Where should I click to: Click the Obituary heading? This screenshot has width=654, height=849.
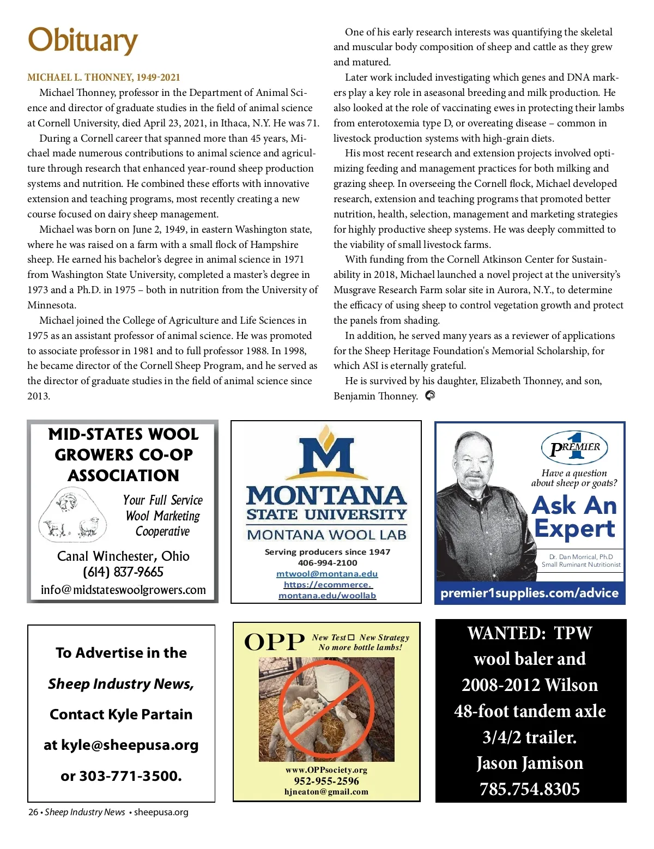tap(83, 40)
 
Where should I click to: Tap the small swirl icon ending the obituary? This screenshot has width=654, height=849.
tap(430, 396)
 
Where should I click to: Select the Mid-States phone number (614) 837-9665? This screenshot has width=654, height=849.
tap(123, 572)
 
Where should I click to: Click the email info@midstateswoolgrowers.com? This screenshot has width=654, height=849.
tap(123, 590)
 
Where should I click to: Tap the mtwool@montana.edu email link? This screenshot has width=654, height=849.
tap(326, 574)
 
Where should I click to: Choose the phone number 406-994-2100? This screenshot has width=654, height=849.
tap(327, 563)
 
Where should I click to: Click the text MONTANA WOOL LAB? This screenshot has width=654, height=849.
tap(326, 535)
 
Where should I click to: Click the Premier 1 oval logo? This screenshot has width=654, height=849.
tap(574, 447)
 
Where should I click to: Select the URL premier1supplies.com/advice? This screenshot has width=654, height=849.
tap(529, 593)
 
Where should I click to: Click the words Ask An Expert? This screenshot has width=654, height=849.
tap(574, 517)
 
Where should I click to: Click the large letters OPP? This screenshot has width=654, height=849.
tap(274, 642)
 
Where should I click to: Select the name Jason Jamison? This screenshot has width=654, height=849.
tap(530, 763)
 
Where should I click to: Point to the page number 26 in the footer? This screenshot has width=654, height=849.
tap(33, 812)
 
